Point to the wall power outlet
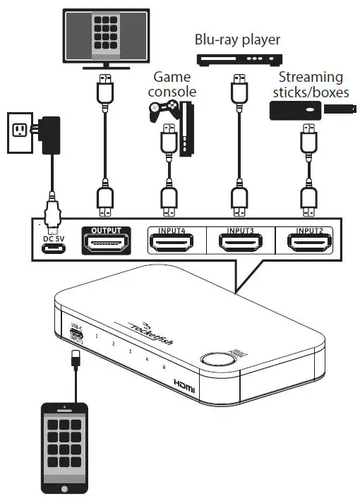(x=22, y=131)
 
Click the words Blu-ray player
(x=237, y=40)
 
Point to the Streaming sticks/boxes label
(x=311, y=84)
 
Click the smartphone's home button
(x=65, y=489)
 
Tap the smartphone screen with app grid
(x=65, y=444)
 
